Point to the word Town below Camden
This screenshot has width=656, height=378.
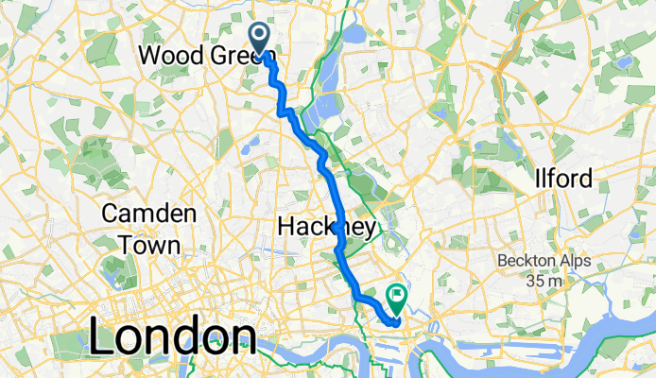(148, 245)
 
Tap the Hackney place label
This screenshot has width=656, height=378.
(327, 227)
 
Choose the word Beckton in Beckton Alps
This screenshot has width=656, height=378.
(527, 260)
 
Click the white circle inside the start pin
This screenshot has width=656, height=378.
(260, 33)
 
